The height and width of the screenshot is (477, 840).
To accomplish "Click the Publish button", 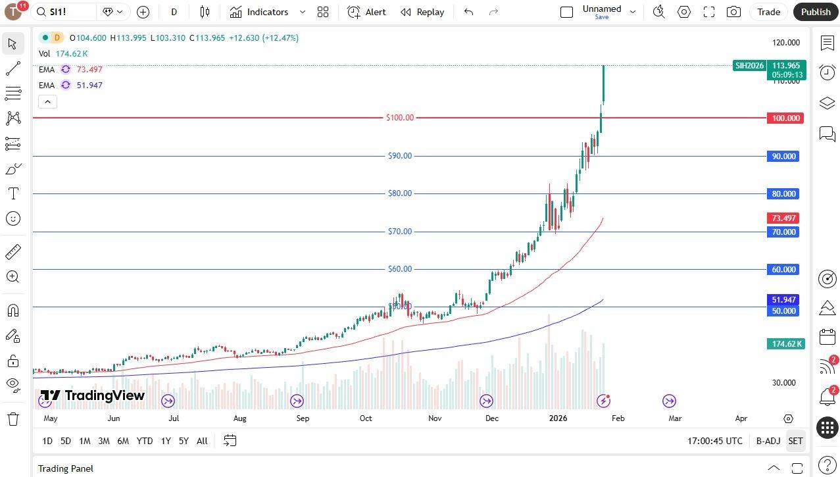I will click(816, 12).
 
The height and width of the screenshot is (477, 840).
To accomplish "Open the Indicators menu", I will click(261, 12).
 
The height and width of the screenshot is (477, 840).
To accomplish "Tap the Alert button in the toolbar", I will click(367, 12).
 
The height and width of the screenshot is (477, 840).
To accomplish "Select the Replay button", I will click(422, 12).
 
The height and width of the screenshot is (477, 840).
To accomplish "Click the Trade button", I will click(768, 12).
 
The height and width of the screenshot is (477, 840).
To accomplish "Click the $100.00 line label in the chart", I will click(400, 118).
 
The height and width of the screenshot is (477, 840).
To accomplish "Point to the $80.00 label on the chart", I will click(400, 193).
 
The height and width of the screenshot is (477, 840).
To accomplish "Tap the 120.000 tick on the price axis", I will click(785, 43).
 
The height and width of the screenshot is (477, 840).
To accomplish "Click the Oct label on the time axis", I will click(366, 418).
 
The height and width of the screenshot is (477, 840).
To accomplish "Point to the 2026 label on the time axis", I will click(558, 418).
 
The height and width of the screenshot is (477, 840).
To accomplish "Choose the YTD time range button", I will click(144, 441).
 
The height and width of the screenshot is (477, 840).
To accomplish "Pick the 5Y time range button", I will click(184, 441).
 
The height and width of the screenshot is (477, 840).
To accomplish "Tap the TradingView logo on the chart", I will click(93, 395).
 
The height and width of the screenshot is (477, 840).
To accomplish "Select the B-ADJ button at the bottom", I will click(768, 441).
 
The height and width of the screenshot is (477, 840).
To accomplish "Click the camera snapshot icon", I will click(733, 12).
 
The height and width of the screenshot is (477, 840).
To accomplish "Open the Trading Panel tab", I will click(66, 468).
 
